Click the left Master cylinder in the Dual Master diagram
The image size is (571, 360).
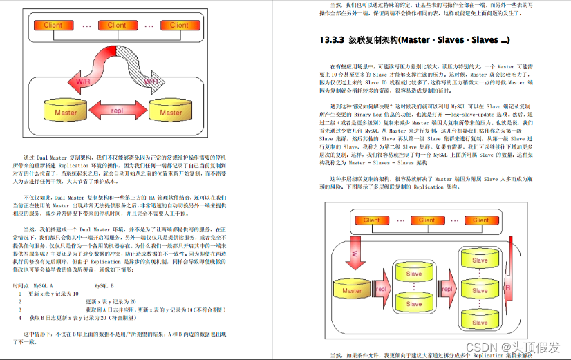(66, 111)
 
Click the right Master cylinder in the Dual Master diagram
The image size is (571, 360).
(171, 111)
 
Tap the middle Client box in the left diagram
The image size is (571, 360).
(117, 26)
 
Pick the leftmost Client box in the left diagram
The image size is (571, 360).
(53, 26)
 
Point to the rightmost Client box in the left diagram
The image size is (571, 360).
(179, 26)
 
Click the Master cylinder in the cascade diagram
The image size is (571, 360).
(352, 290)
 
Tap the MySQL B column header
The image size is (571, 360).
(103, 284)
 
